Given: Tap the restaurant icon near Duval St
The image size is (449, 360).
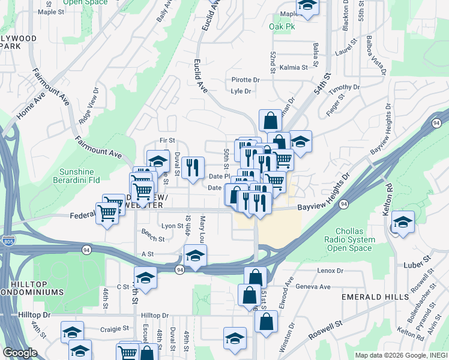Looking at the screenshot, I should pos(193,169).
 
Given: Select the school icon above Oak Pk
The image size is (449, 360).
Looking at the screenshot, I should pos(307,7).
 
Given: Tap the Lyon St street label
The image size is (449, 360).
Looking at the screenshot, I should pos(172,226).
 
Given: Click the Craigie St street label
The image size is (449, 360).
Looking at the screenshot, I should pos(115,328).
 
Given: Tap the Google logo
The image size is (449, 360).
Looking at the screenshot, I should pos(20,353).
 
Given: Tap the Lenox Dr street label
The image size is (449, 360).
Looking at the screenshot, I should pos(330,271).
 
